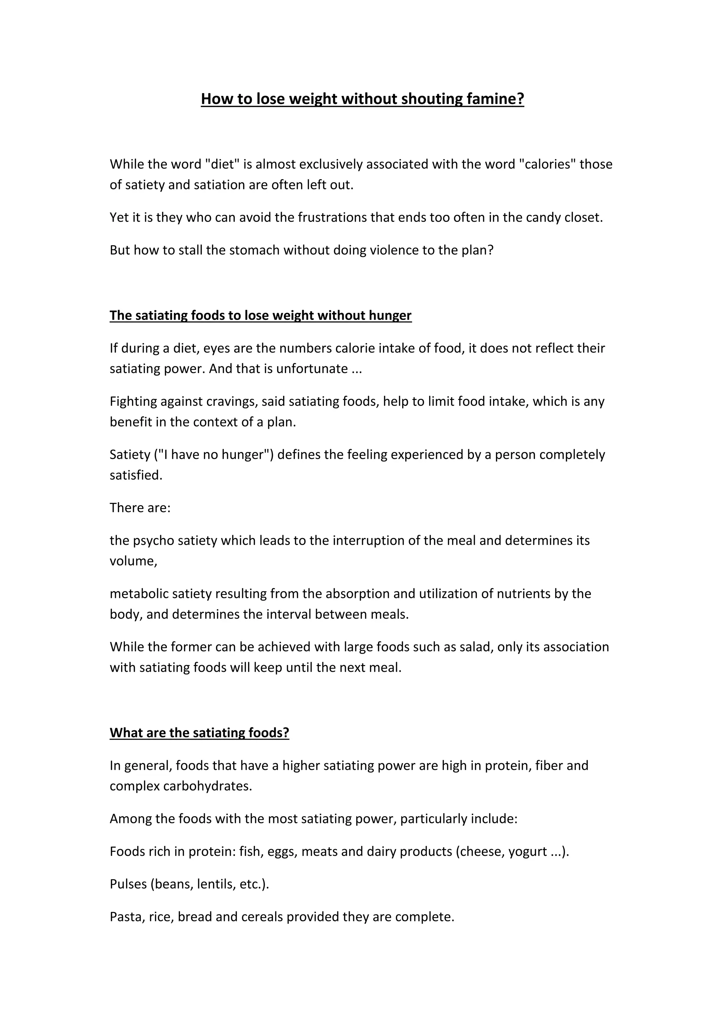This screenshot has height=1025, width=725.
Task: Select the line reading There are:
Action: [140, 508]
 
